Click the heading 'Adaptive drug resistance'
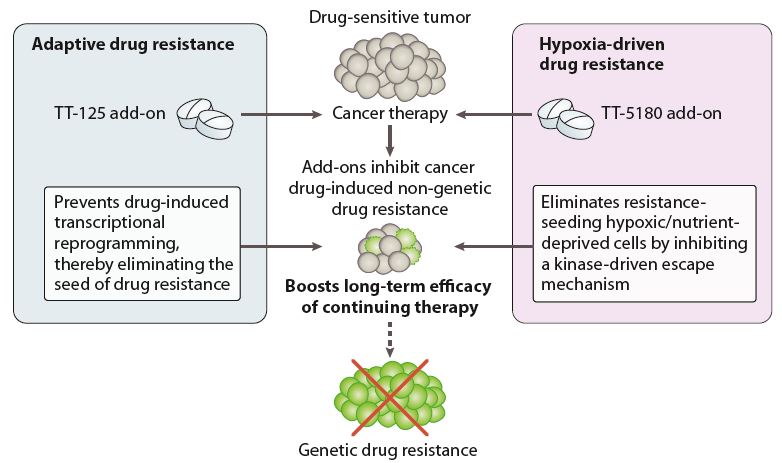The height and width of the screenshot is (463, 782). [133, 44]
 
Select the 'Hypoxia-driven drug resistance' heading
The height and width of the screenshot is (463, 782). [601, 54]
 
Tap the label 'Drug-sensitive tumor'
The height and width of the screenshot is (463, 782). [390, 17]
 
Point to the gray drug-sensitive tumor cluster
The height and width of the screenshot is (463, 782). [390, 66]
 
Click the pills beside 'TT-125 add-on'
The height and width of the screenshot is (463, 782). [205, 118]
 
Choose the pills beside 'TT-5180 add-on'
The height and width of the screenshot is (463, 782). [566, 118]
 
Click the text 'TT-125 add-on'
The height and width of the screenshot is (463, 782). [110, 113]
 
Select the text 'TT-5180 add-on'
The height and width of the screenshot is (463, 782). [661, 113]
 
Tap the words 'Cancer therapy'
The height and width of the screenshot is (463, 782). [390, 113]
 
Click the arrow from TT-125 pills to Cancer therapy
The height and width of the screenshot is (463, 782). [281, 115]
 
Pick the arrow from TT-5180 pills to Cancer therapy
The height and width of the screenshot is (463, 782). [494, 115]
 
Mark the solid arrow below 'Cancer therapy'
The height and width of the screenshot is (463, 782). [390, 140]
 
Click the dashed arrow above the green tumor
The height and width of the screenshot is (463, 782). [390, 339]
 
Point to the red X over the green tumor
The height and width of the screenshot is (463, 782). [390, 397]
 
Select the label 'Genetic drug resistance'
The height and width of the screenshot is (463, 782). [388, 450]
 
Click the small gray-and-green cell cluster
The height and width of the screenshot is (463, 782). [390, 248]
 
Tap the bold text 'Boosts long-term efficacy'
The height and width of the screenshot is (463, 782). [388, 287]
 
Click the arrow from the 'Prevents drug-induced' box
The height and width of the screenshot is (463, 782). [281, 246]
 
